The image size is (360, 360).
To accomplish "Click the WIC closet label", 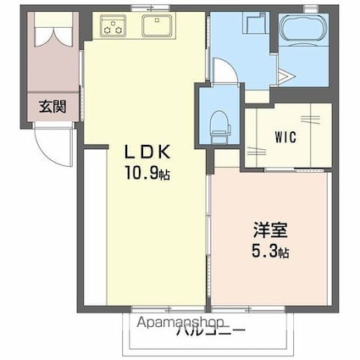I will (x=285, y=136).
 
